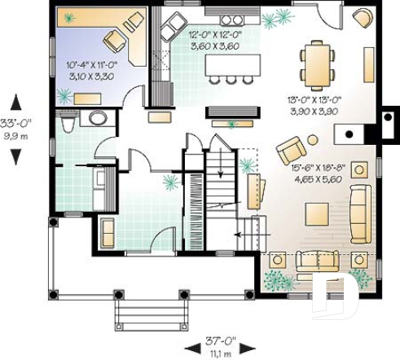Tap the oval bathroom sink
[x=98, y=118]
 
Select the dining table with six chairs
[x=316, y=64]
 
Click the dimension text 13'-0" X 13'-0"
[x=311, y=103]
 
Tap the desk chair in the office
[x=115, y=39]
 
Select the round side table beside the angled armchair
[x=313, y=140]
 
